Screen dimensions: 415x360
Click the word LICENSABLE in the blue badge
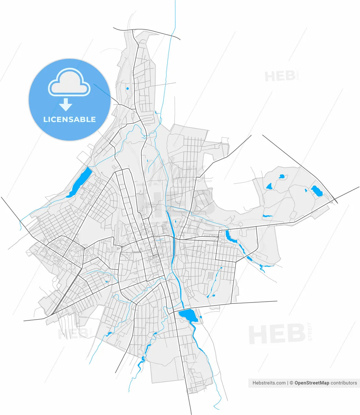click(x=69, y=119)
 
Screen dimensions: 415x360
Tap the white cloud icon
click(x=69, y=82)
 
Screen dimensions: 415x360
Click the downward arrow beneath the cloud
click(x=66, y=105)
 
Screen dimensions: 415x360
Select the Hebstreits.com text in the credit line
click(x=269, y=383)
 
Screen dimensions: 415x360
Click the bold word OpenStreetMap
click(x=312, y=383)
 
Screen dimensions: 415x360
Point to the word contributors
click(x=343, y=383)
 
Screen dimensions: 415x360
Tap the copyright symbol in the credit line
click(x=291, y=383)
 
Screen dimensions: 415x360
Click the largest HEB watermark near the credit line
click(x=277, y=335)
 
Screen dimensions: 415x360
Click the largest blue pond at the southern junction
click(x=188, y=315)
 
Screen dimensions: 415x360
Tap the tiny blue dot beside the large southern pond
click(x=201, y=317)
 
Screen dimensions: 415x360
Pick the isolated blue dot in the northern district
click(x=127, y=88)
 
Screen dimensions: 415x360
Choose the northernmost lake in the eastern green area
click(x=281, y=177)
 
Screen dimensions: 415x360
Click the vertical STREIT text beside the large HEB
click(x=310, y=331)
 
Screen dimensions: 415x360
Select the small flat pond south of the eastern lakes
click(x=267, y=216)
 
